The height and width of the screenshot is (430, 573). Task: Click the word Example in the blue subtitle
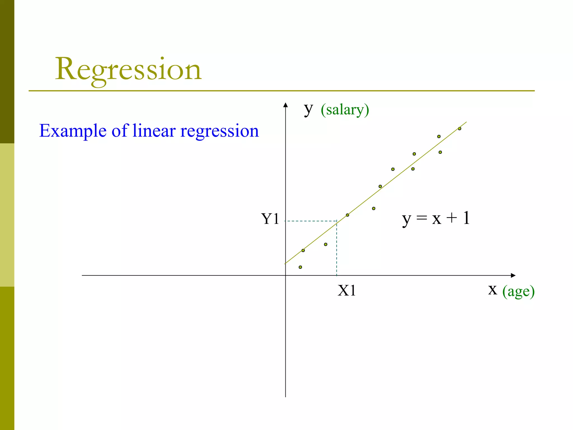tap(73, 131)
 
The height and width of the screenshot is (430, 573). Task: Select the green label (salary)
tap(345, 110)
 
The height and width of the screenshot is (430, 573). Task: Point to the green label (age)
tap(518, 291)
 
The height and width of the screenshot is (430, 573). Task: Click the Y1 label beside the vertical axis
tap(270, 219)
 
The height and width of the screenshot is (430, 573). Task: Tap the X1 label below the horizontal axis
tap(347, 291)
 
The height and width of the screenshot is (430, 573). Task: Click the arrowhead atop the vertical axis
tap(285, 105)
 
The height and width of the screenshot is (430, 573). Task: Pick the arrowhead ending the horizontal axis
tap(513, 275)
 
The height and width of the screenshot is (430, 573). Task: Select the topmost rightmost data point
tap(459, 129)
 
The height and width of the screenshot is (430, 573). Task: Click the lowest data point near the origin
tap(300, 267)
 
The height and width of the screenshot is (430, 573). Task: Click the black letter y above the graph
tap(308, 109)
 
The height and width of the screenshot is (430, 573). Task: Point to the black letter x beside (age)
tap(493, 289)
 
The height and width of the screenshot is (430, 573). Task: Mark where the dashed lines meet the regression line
tap(337, 221)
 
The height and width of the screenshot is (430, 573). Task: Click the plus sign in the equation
tap(452, 218)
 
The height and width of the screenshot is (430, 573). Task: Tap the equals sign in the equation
tap(422, 218)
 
